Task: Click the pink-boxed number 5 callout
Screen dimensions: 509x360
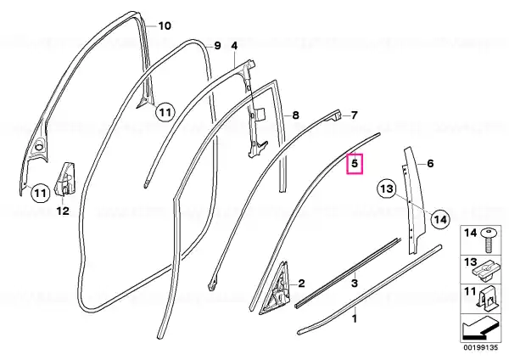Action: point(355,163)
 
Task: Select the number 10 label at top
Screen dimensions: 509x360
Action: point(165,25)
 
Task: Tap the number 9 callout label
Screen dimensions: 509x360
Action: point(217,46)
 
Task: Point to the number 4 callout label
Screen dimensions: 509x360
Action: point(234,46)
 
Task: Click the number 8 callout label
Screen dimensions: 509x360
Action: point(295,115)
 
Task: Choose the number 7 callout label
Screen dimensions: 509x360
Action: point(354,115)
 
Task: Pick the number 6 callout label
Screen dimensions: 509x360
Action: point(430,163)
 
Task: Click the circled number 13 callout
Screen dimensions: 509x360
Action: point(387,188)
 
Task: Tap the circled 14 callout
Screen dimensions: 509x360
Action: point(441,220)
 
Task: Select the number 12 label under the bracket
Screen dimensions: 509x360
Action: point(63,211)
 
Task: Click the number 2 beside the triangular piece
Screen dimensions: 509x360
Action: point(301,284)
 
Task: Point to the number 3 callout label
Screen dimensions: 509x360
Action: point(355,283)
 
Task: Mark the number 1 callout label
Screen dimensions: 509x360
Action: point(355,318)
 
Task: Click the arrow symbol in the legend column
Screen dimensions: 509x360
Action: point(480,329)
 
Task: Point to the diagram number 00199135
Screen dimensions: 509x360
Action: point(480,347)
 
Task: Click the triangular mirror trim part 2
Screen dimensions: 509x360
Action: point(274,288)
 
